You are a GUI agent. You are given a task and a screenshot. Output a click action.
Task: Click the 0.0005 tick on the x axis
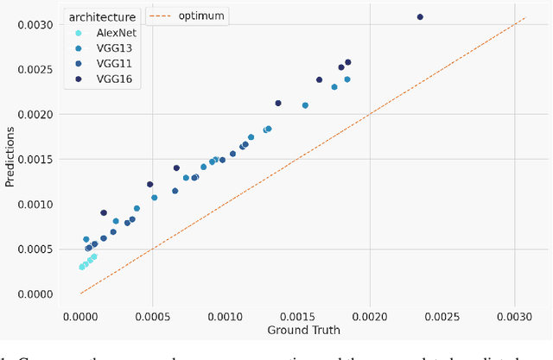153,315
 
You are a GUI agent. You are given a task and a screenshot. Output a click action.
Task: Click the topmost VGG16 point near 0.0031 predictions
420,16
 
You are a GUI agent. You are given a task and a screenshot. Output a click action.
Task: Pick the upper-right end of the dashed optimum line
524,17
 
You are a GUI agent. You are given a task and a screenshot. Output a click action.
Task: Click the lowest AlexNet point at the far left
82,267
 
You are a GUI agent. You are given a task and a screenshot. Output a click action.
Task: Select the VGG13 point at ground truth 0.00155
305,105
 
